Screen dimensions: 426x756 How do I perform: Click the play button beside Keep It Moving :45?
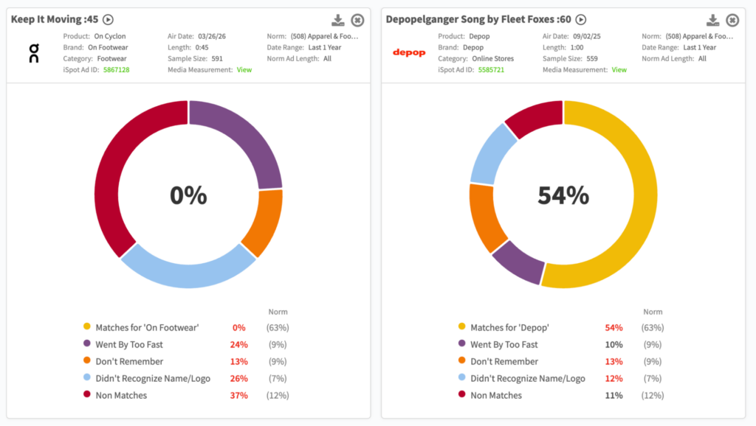109,20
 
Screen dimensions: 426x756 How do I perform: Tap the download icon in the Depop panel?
713,20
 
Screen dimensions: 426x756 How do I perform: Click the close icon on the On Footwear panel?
357,20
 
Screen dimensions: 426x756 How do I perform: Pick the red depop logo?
409,53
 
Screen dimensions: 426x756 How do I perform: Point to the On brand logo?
34,53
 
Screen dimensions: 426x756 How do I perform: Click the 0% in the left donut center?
188,195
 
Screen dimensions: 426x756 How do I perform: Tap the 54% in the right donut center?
563,195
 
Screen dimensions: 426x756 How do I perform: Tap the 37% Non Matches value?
238,396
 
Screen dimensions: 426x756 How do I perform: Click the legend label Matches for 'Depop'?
509,327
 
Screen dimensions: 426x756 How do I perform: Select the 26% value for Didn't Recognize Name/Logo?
238,379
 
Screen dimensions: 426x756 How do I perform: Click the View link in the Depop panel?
619,70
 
